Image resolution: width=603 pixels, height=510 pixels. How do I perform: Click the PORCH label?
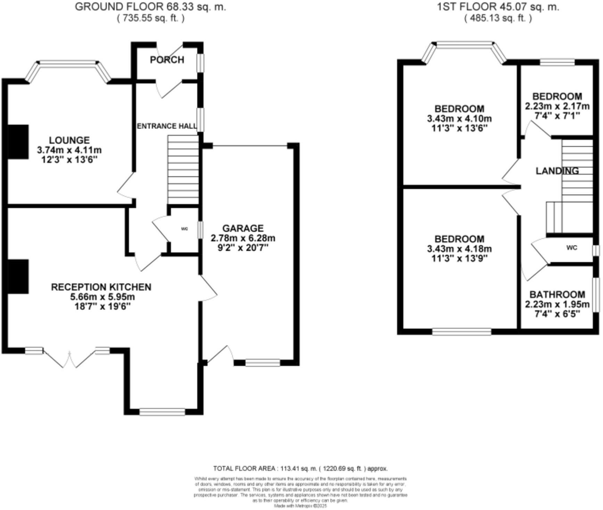(x=167, y=60)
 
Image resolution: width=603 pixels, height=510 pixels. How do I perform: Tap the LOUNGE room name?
(x=69, y=140)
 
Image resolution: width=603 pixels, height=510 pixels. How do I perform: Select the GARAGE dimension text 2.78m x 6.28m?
(x=243, y=238)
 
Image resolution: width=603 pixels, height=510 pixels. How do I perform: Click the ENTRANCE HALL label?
(x=167, y=126)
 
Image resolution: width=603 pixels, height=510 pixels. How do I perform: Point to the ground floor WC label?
(x=184, y=229)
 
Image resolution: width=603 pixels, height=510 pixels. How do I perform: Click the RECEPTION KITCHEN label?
(x=101, y=287)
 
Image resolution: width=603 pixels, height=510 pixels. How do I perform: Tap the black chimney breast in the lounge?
(x=18, y=142)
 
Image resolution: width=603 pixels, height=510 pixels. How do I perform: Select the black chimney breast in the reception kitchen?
(x=18, y=276)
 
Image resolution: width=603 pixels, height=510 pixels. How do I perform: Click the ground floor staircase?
(x=183, y=170)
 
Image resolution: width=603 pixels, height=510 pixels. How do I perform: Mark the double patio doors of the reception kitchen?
(x=70, y=358)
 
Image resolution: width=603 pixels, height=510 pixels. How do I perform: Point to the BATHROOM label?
(x=557, y=294)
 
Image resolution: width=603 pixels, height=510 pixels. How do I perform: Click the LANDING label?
(x=557, y=171)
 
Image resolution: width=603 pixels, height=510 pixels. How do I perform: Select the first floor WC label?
(x=572, y=248)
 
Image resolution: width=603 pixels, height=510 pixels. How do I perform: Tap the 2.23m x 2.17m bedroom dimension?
(x=557, y=106)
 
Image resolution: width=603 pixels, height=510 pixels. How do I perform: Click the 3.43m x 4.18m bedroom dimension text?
(x=459, y=249)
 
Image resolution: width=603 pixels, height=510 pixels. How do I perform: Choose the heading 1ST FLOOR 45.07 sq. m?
(x=498, y=7)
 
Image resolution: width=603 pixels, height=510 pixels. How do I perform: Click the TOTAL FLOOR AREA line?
(x=300, y=468)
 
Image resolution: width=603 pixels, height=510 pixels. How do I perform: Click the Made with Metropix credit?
(x=300, y=506)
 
